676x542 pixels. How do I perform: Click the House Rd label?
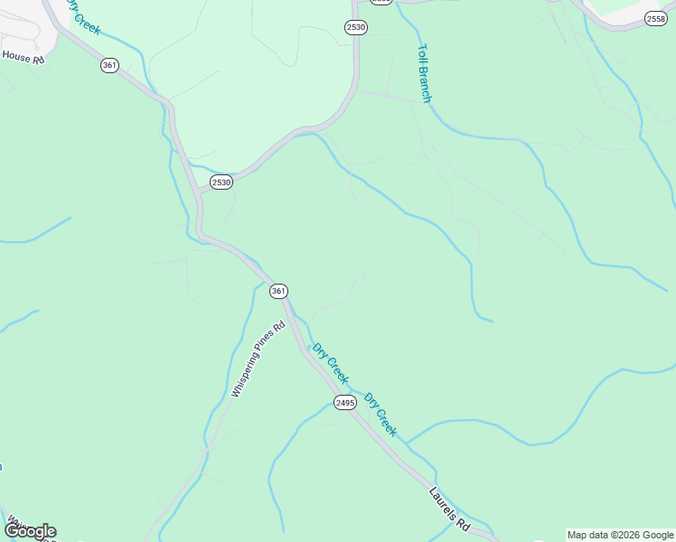tap(23, 56)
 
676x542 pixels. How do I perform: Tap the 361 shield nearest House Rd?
tap(109, 65)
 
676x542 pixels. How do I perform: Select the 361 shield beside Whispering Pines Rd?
tap(278, 291)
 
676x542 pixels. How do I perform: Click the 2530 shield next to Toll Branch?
tap(355, 27)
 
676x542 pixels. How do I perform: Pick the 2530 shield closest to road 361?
tap(221, 182)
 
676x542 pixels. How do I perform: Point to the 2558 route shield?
tap(656, 18)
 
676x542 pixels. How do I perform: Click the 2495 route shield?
tap(344, 403)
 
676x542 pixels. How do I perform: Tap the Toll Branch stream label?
tap(424, 74)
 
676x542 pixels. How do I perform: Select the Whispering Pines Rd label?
tap(258, 360)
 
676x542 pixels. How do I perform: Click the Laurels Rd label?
tap(450, 508)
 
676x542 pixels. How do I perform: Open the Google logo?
tap(30, 531)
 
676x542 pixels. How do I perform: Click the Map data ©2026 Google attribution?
tap(621, 535)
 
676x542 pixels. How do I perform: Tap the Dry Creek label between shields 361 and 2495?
tap(330, 361)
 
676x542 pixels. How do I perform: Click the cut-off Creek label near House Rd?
tap(83, 18)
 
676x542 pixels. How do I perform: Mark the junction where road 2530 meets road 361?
tap(198, 191)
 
